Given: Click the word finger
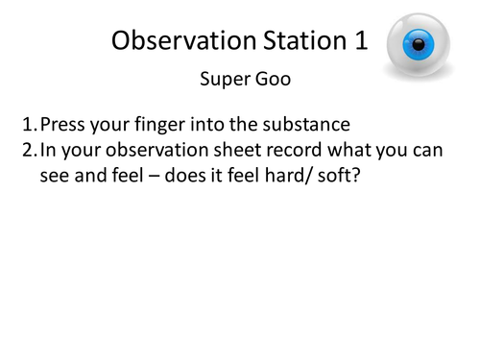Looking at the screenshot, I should [158, 125].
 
